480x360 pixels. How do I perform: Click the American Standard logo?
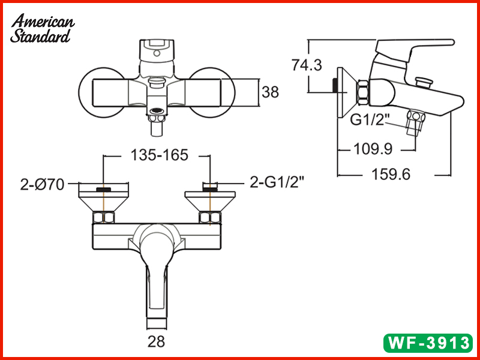(x=42, y=29)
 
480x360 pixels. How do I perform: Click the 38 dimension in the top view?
(x=271, y=92)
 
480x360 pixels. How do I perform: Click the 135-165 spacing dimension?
(x=159, y=155)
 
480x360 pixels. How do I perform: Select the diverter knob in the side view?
(x=424, y=80)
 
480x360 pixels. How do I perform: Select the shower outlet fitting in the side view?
(x=413, y=123)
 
